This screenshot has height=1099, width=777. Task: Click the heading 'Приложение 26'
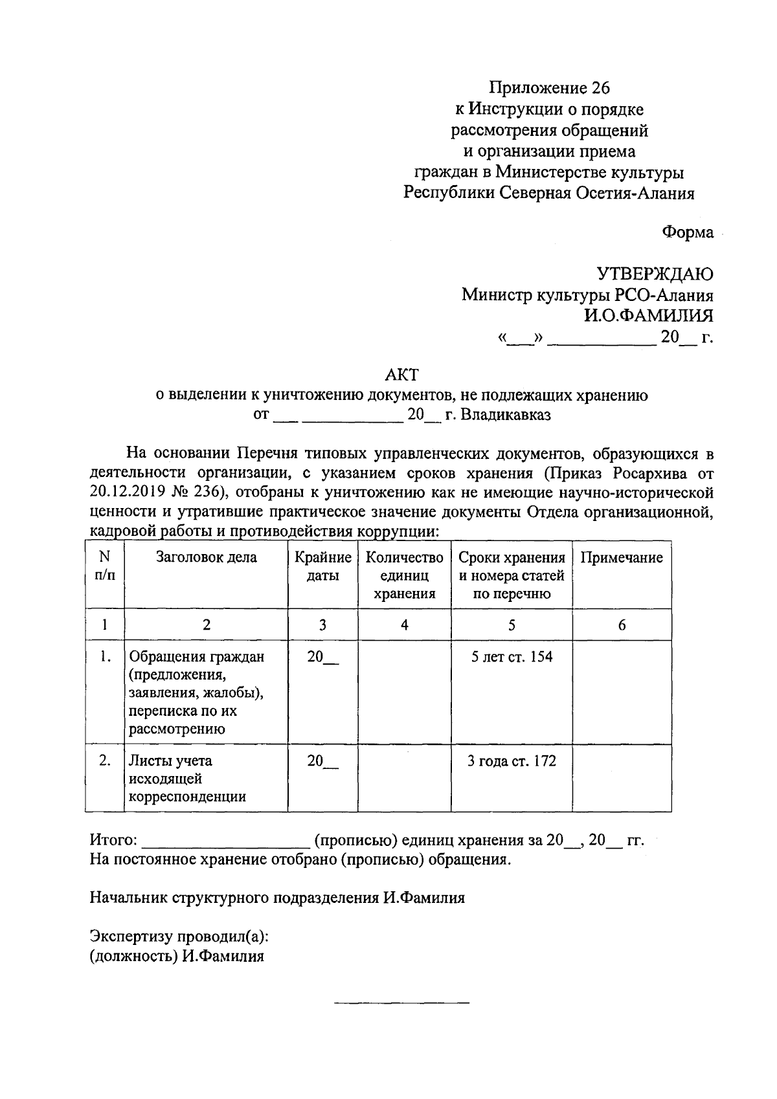click(x=549, y=87)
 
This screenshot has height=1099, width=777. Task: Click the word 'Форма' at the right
click(x=687, y=232)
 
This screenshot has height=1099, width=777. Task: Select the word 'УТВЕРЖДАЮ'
click(x=655, y=274)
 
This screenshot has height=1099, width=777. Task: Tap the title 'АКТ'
click(x=401, y=374)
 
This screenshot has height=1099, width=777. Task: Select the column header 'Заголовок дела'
click(x=206, y=557)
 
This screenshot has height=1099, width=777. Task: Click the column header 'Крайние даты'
click(x=322, y=566)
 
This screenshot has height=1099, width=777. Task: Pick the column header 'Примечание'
click(x=622, y=558)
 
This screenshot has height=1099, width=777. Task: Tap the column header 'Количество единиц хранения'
click(x=404, y=575)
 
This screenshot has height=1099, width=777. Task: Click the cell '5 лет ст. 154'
click(x=512, y=657)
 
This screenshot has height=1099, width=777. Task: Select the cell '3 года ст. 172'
click(x=512, y=761)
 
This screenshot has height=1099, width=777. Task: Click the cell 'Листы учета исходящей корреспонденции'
click(x=188, y=779)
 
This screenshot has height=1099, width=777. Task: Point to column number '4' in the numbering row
click(x=404, y=625)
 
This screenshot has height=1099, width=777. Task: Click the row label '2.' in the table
click(x=105, y=760)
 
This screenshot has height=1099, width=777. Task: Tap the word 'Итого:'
click(x=113, y=841)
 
